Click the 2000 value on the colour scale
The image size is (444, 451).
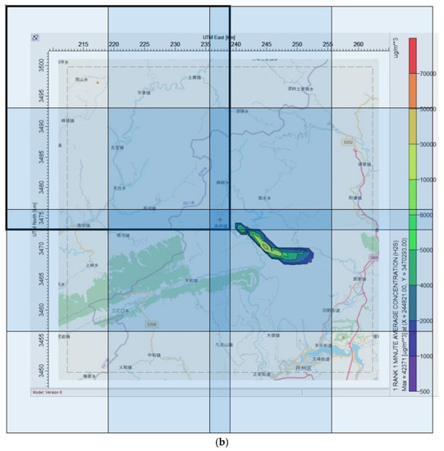427,321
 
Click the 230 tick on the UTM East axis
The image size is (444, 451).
175,44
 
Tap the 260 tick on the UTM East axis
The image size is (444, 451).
359,44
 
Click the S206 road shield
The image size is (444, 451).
151,325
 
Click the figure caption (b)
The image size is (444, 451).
221,443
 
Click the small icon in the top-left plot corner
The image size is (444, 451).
35,37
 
